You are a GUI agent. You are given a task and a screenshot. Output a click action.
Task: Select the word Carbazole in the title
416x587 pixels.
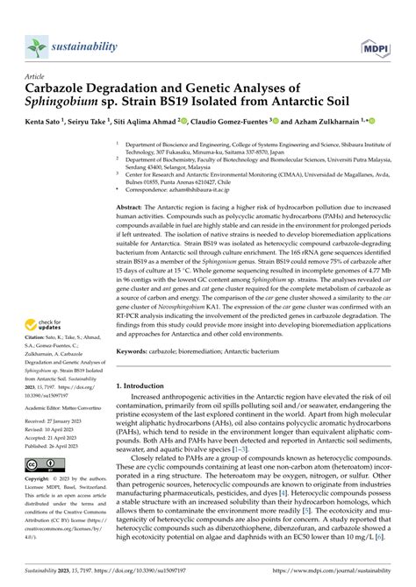64,88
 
